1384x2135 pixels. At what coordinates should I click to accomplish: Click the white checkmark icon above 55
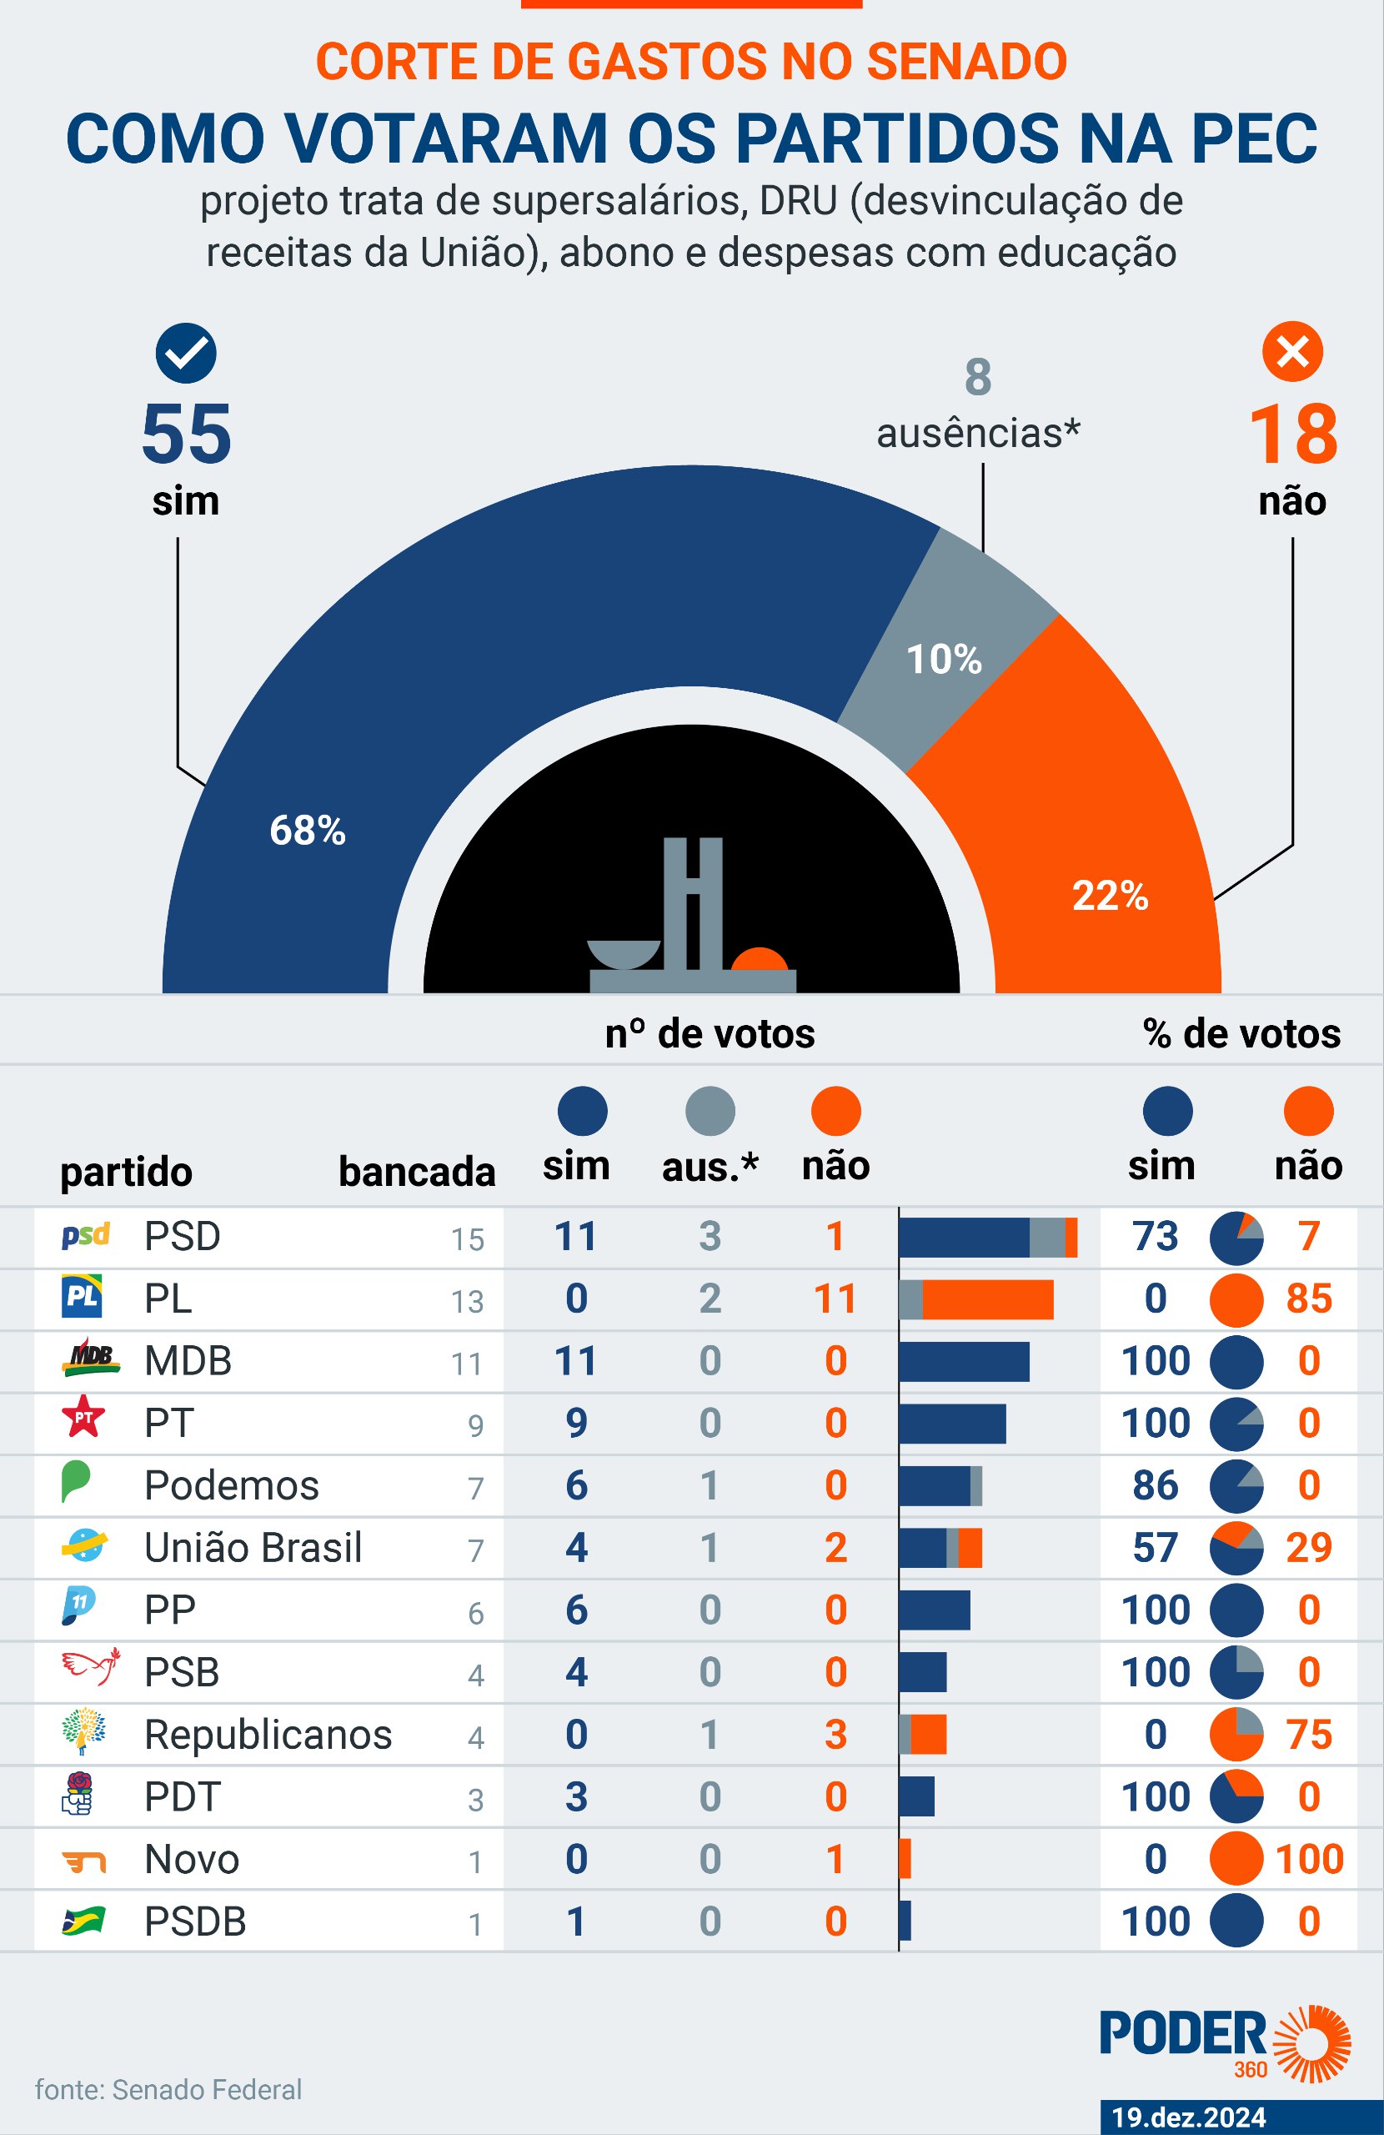[x=186, y=353]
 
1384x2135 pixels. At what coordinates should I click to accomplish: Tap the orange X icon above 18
[x=1291, y=352]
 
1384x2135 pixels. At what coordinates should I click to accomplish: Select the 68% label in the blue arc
[x=308, y=831]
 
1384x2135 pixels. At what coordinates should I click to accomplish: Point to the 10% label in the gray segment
[x=944, y=660]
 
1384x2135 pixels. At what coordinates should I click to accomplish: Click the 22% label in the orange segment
[x=1110, y=895]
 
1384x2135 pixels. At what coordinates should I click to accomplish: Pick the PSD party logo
[x=85, y=1235]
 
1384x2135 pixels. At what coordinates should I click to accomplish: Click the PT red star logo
[x=83, y=1416]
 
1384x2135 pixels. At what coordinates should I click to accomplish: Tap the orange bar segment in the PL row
[x=986, y=1299]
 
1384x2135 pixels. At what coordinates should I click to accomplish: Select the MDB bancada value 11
[x=466, y=1364]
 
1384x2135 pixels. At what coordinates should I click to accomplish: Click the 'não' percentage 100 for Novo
[x=1309, y=1859]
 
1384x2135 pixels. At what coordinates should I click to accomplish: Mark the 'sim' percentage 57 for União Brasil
[x=1156, y=1547]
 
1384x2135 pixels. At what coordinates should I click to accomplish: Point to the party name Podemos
[x=232, y=1485]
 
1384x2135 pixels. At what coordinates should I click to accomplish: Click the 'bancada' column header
[x=416, y=1172]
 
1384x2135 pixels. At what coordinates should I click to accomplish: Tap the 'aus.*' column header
[x=710, y=1166]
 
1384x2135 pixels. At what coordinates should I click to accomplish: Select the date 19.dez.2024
[x=1188, y=2117]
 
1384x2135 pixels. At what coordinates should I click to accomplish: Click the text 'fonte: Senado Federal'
[x=168, y=2089]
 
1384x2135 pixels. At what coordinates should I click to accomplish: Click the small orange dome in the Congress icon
[x=759, y=959]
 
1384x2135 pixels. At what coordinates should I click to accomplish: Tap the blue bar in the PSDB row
[x=905, y=1921]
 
